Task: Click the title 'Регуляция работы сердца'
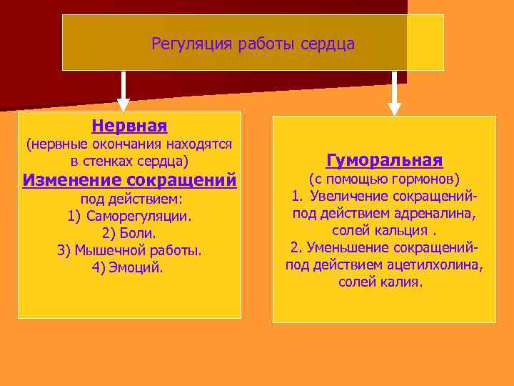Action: click(x=253, y=44)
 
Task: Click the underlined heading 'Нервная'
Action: click(x=129, y=127)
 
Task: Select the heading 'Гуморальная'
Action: click(x=384, y=159)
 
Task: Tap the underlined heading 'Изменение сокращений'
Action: click(x=129, y=179)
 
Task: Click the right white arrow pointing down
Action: click(x=394, y=93)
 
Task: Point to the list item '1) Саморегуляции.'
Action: click(x=129, y=216)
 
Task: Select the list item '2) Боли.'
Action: click(x=129, y=233)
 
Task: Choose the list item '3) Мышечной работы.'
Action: click(x=129, y=251)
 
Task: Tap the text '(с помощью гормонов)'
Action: click(x=384, y=178)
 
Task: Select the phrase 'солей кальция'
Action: click(x=380, y=230)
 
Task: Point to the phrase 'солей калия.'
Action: click(x=381, y=282)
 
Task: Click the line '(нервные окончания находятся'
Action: click(x=129, y=144)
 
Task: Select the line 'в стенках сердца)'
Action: click(x=129, y=161)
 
